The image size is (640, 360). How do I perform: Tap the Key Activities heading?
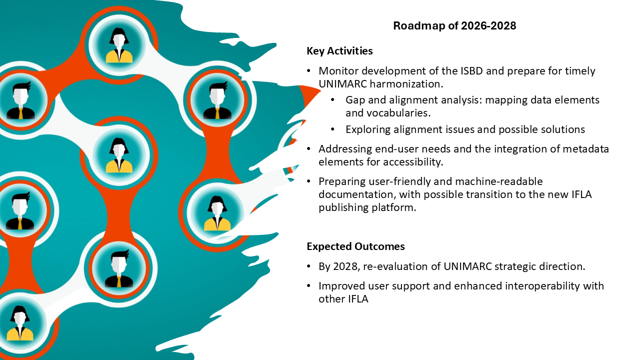pyautogui.click(x=339, y=51)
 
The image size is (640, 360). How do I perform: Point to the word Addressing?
pyautogui.click(x=344, y=149)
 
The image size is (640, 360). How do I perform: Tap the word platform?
pyautogui.click(x=396, y=207)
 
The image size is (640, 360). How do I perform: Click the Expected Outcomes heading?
pyautogui.click(x=355, y=246)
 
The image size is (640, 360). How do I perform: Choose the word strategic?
pyautogui.click(x=519, y=266)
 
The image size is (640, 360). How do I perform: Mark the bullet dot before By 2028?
pyautogui.click(x=309, y=266)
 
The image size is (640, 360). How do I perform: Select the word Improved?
pyautogui.click(x=340, y=286)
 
